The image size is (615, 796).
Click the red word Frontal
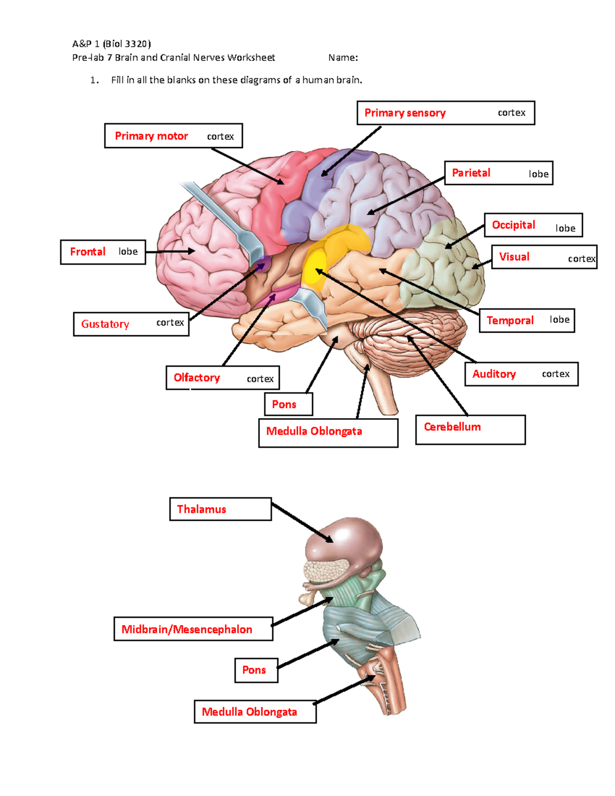[x=88, y=252]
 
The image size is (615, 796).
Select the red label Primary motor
[x=151, y=136]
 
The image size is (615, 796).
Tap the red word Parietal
[x=471, y=173]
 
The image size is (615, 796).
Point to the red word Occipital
[x=513, y=225]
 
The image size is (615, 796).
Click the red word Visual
[x=514, y=257]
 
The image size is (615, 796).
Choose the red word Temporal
[x=510, y=320]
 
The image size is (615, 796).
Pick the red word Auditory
[x=494, y=374]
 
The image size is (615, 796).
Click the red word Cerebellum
[x=452, y=426]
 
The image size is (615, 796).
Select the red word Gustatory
[x=105, y=324]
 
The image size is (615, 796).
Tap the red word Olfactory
[x=197, y=378]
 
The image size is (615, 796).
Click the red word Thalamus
[x=201, y=509]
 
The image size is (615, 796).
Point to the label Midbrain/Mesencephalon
[x=187, y=629]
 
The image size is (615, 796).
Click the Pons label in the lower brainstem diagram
[x=254, y=670]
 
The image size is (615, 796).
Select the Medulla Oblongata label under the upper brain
[x=314, y=431]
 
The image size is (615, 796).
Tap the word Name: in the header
[x=343, y=57]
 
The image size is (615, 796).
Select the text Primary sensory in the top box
[x=405, y=113]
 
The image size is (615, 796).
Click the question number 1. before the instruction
[x=94, y=80]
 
